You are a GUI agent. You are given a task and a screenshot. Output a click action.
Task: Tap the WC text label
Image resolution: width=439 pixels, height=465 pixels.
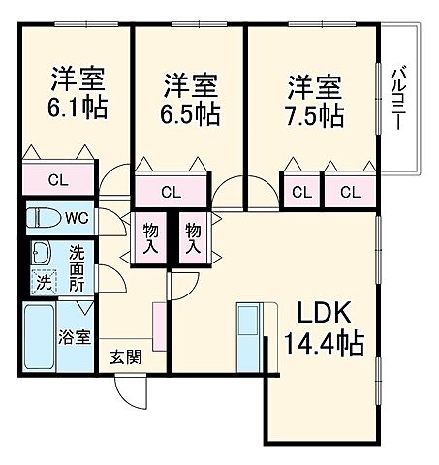pyautogui.click(x=78, y=217)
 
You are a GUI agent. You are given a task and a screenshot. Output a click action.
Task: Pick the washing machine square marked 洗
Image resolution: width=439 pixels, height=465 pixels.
pyautogui.click(x=44, y=284)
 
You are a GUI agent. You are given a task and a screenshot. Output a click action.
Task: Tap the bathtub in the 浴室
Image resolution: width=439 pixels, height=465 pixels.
pyautogui.click(x=40, y=335)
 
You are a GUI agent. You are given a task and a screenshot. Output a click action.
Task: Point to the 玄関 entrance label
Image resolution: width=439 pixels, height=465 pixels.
pyautogui.click(x=125, y=356)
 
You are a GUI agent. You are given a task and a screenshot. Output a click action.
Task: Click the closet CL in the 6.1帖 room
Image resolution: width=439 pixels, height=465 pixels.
pyautogui.click(x=59, y=179)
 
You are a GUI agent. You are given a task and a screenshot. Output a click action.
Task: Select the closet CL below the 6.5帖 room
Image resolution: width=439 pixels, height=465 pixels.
pyautogui.click(x=171, y=191)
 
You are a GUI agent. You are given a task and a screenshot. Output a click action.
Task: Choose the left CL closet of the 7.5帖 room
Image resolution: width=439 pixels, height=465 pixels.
pyautogui.click(x=301, y=191)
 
